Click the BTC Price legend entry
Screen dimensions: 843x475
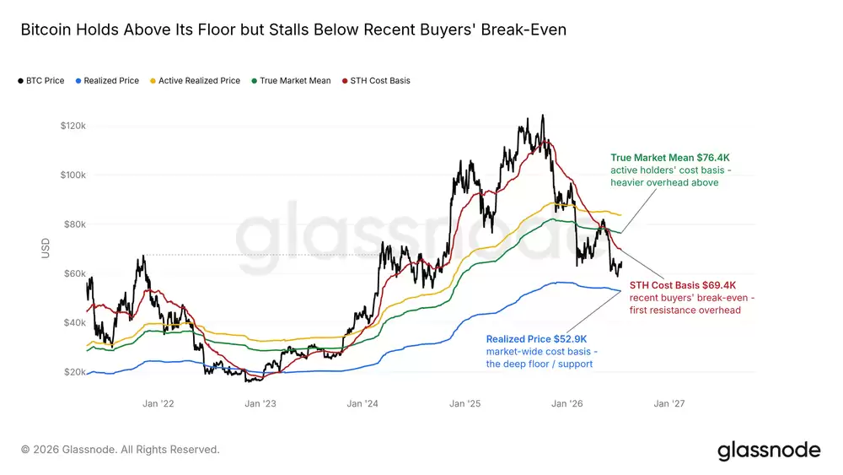pos(41,81)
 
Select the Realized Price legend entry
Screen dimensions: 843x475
pos(108,81)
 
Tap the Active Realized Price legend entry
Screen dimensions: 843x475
pos(196,81)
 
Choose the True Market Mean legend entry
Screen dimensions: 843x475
pos(291,81)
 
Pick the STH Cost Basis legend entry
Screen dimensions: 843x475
pos(376,81)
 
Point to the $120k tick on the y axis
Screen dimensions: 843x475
pos(73,126)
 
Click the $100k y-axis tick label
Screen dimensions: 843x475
pos(73,175)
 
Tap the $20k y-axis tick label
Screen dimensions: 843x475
pos(75,372)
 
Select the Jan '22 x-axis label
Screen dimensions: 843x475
pos(158,403)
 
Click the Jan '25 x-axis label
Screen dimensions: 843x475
pos(465,403)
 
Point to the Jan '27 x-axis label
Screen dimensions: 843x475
pos(669,403)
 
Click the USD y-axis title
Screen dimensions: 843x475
pos(46,249)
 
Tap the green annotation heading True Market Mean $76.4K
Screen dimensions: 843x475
pos(670,158)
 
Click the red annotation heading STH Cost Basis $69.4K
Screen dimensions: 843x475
pos(683,285)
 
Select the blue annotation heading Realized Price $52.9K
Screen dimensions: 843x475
pos(536,339)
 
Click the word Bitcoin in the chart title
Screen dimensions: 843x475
pos(46,29)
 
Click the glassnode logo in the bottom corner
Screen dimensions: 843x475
pos(769,450)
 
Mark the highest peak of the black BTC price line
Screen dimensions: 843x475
pos(542,115)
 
